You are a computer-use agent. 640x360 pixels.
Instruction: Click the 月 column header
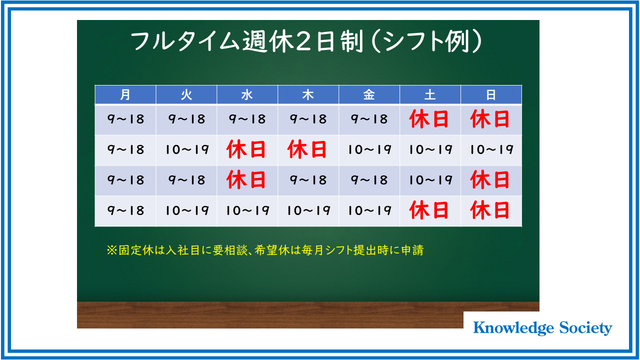[125, 94]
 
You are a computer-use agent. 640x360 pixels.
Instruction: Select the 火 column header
[186, 94]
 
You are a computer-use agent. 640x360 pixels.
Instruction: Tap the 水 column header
[247, 94]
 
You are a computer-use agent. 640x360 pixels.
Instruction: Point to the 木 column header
[308, 94]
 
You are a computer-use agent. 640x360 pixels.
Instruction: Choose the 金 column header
[369, 94]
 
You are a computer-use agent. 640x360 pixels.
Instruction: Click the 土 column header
[430, 94]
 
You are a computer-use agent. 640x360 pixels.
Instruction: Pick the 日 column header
[491, 94]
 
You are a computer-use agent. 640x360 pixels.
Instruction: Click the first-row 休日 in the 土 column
[428, 119]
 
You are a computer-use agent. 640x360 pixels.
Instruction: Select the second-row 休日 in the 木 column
[307, 149]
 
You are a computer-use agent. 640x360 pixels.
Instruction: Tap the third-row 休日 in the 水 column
[246, 180]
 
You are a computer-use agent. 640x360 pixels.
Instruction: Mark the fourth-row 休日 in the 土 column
[428, 210]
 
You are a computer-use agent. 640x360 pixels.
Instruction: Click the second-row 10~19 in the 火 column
[187, 149]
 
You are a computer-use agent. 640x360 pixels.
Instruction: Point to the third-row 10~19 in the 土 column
[431, 180]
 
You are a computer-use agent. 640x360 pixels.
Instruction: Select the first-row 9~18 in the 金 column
[369, 119]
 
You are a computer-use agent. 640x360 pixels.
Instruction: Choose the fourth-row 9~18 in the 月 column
[125, 210]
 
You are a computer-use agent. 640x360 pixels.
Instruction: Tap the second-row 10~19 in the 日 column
[491, 149]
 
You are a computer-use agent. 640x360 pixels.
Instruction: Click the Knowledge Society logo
[542, 328]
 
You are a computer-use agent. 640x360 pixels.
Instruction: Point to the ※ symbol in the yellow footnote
[111, 250]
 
